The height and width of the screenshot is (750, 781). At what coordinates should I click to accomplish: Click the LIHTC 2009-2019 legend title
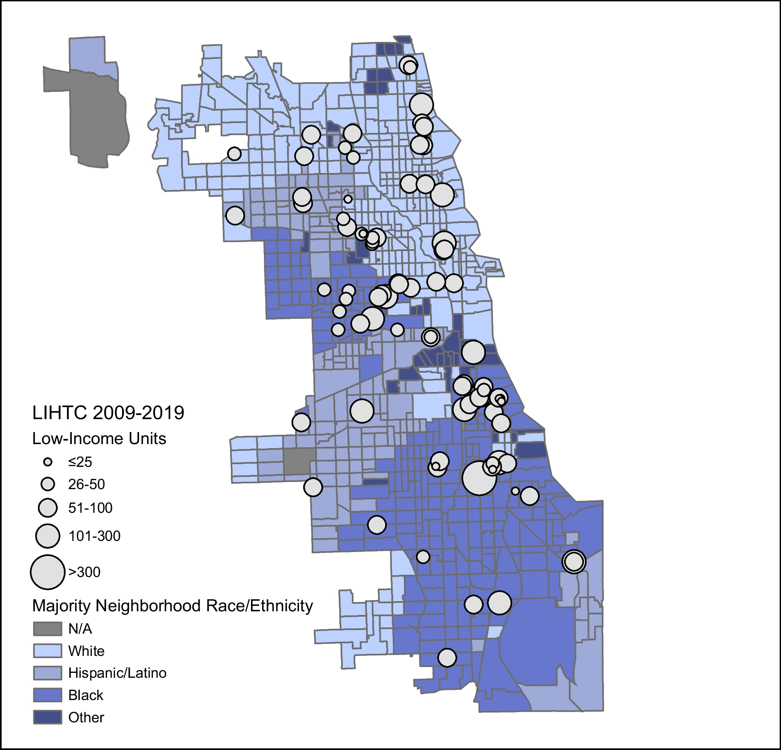(108, 413)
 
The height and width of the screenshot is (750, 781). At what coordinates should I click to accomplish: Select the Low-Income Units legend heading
(99, 439)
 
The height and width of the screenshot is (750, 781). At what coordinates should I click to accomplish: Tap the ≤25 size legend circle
(48, 462)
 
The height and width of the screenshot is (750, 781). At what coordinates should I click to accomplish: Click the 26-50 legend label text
(86, 484)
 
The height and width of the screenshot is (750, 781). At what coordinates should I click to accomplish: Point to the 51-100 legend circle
(48, 508)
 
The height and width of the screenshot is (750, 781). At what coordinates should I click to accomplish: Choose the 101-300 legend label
(94, 536)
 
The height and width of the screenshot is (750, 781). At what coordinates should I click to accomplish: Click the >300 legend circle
(48, 572)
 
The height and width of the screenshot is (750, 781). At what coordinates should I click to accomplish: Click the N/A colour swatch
(47, 629)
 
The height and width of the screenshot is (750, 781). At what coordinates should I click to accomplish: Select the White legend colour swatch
(47, 651)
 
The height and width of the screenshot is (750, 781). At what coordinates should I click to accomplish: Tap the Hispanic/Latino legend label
(117, 673)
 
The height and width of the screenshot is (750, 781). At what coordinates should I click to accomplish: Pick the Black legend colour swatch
(47, 695)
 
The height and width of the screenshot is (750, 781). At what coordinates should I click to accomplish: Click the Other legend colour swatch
(47, 717)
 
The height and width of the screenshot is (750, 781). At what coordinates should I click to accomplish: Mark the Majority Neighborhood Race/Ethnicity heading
(173, 606)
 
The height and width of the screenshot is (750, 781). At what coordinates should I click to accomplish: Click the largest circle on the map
(480, 478)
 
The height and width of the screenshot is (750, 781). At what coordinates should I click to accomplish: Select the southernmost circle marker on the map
(447, 657)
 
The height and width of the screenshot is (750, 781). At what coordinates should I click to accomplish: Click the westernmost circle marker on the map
(234, 154)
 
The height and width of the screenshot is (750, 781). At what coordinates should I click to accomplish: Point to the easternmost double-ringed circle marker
(574, 561)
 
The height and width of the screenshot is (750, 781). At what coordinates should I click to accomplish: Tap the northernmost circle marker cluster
(408, 66)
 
